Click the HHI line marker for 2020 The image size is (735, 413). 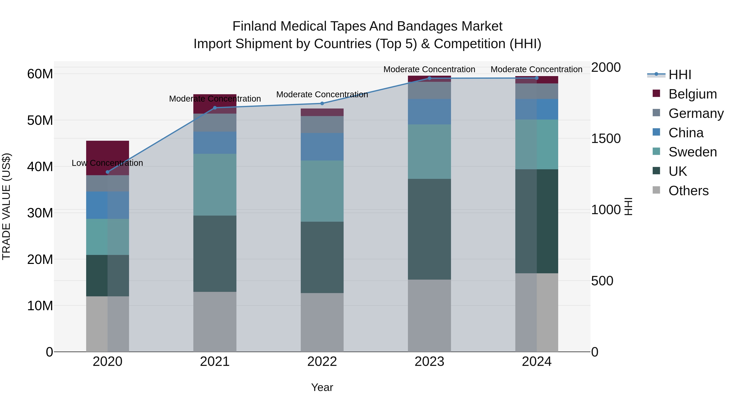coord(108,172)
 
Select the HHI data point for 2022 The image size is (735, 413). coord(322,103)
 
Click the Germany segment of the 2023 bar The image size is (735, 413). coord(429,90)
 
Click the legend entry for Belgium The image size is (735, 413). coord(693,94)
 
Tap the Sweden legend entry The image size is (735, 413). coord(693,152)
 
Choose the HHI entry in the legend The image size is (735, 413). coord(680,75)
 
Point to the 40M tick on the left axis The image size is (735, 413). coord(40,167)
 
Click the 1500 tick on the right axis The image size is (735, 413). coord(606,138)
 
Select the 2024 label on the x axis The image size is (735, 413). coord(536,362)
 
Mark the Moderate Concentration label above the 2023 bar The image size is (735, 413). coord(429,69)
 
